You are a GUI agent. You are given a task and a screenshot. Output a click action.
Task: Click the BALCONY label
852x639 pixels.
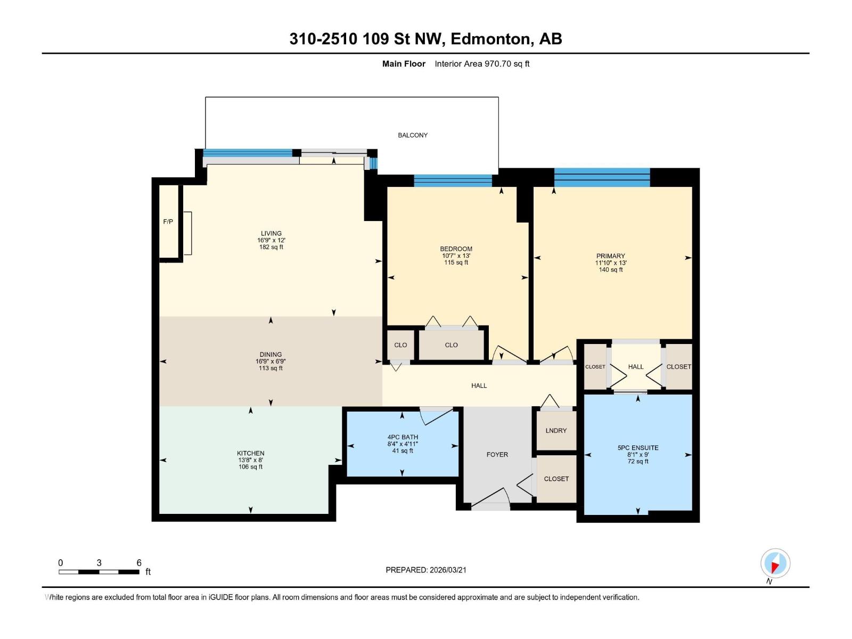point(413,135)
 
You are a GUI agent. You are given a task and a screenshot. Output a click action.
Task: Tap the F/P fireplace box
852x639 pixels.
point(168,222)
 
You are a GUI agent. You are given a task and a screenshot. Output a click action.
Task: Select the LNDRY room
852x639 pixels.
point(556,430)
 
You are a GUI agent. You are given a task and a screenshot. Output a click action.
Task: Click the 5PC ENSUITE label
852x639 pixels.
point(638,448)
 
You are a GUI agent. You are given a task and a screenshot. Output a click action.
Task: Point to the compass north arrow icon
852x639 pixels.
point(775,563)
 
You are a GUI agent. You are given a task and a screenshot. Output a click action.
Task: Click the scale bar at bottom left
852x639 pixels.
point(99,572)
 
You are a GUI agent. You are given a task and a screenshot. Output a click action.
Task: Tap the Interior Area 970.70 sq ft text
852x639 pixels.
point(482,64)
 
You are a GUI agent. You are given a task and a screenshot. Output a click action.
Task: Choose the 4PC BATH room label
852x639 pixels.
point(403,437)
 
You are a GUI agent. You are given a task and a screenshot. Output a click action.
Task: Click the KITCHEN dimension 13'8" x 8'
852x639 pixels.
point(250,460)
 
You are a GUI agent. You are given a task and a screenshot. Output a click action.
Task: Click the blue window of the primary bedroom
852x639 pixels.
point(602,177)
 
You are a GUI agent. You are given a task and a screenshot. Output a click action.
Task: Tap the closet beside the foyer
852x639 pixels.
point(556,479)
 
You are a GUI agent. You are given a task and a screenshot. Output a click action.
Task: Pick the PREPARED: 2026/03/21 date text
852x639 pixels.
point(426,570)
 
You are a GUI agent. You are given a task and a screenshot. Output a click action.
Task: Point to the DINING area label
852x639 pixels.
point(271,355)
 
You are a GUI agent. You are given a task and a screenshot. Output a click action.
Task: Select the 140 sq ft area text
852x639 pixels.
point(610,270)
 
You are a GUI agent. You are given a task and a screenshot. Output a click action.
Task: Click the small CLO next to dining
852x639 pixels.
point(400,345)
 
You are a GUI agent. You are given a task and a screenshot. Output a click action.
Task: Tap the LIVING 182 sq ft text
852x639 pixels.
point(271,247)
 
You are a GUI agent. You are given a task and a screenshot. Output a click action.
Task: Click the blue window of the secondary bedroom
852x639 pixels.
point(453,181)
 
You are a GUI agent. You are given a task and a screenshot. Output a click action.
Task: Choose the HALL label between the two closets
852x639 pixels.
point(636,367)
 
